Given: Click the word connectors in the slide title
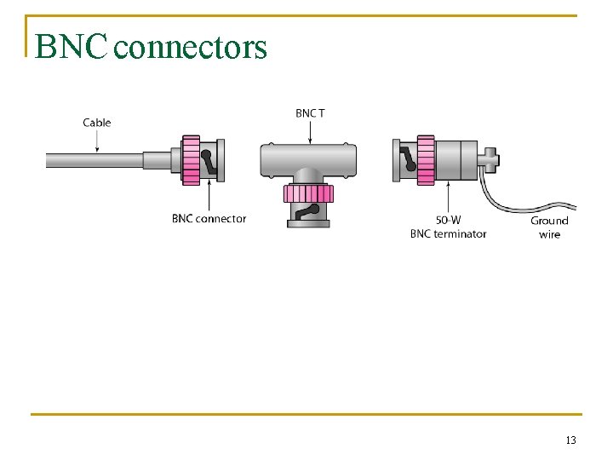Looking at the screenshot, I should pyautogui.click(x=191, y=48).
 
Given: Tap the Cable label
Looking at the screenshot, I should pyautogui.click(x=96, y=123).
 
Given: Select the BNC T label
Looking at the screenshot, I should pyautogui.click(x=309, y=112).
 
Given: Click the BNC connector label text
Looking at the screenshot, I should pyautogui.click(x=209, y=219).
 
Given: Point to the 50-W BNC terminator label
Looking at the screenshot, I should pyautogui.click(x=448, y=227).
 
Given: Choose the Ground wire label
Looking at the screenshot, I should pyautogui.click(x=549, y=227).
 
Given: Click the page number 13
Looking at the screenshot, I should pyautogui.click(x=570, y=440).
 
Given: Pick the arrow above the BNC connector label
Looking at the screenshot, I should pyautogui.click(x=208, y=197).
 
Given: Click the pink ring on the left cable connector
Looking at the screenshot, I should pyautogui.click(x=191, y=160).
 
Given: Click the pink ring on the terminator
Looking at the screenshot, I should pyautogui.click(x=424, y=160).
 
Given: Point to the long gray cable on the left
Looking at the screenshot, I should pyautogui.click(x=94, y=160).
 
